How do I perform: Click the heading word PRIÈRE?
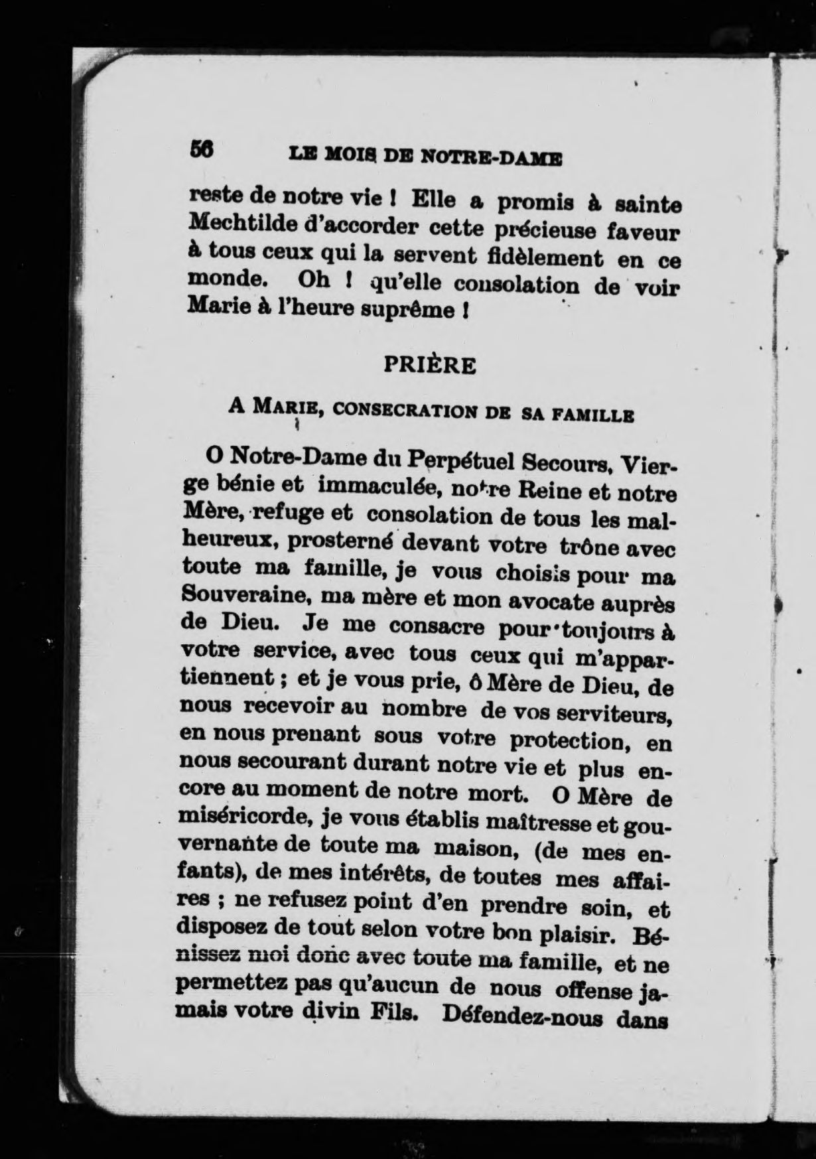[x=430, y=366]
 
